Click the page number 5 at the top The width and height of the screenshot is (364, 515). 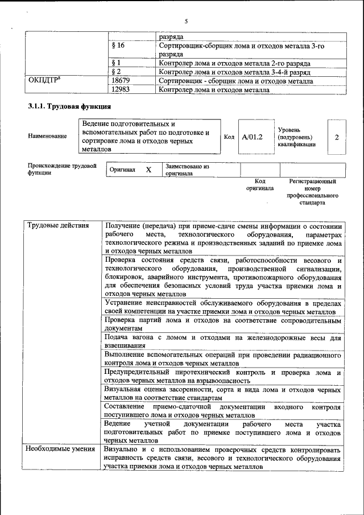186,21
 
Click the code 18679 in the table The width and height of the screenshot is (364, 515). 122,81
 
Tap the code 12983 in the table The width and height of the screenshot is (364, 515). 122,89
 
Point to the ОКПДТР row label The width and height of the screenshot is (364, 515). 45,81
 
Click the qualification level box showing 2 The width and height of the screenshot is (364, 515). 337,137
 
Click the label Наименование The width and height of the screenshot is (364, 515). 47,137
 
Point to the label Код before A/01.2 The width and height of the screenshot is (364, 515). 229,137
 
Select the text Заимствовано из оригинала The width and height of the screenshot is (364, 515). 188,170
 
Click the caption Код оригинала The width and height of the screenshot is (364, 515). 259,184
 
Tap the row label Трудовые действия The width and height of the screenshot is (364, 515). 58,225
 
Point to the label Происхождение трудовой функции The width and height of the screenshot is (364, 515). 62,170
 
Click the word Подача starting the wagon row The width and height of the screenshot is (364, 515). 118,337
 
